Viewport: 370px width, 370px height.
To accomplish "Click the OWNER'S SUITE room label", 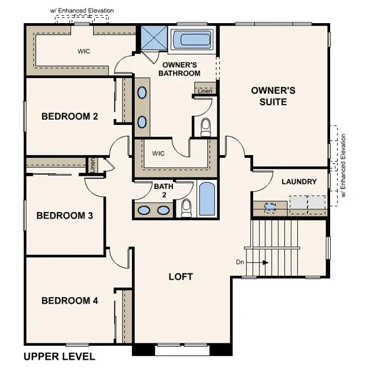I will click(273, 96).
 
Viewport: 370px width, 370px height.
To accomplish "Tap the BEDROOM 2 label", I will click(69, 116).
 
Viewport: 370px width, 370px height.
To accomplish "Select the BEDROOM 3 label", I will click(65, 216).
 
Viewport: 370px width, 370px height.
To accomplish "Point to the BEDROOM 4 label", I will click(69, 301).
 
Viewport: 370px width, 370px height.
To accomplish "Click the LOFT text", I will click(180, 276).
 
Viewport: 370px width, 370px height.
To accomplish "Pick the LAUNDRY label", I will click(299, 182).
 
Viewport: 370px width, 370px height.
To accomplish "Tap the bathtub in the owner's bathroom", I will click(193, 39).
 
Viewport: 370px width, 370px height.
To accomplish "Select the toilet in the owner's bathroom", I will click(206, 127).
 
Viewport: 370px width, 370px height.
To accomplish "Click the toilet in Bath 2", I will click(186, 207).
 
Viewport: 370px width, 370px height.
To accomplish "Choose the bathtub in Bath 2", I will click(206, 199).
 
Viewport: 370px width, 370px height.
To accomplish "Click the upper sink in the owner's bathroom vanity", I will click(142, 92).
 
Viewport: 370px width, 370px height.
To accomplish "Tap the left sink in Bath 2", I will click(145, 210).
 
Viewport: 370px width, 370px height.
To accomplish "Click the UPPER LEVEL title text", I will click(59, 356).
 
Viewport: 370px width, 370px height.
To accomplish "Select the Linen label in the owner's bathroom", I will click(205, 91).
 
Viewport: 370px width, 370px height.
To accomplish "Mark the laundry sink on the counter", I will click(270, 205).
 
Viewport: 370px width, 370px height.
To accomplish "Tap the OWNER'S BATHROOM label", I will click(181, 69).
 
